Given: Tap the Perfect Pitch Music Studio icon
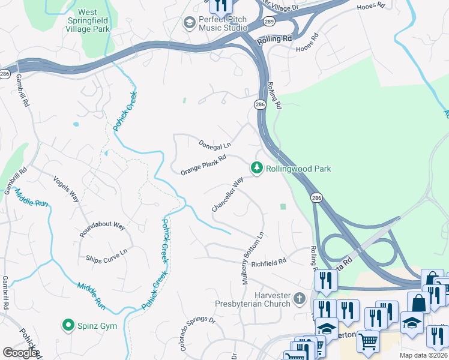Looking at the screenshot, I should [x=190, y=23].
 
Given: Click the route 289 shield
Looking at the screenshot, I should [x=268, y=21].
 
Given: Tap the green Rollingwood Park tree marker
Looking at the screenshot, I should [x=257, y=169].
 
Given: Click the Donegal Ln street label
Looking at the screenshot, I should [x=215, y=145].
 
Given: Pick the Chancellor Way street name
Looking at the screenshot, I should [x=228, y=194].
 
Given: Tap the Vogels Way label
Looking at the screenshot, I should [x=66, y=188].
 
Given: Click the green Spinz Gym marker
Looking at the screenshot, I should [x=68, y=326].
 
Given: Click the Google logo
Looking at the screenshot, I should [x=19, y=352].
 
